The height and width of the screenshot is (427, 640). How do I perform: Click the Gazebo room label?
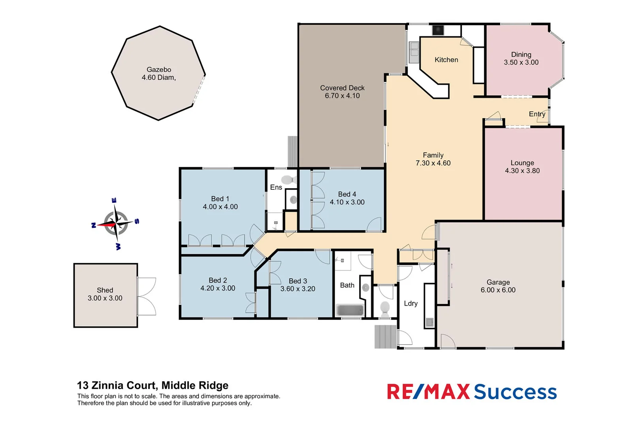click(159, 70)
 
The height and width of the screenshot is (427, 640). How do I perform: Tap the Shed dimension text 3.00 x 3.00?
click(105, 298)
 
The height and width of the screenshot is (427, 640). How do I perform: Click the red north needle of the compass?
click(106, 225)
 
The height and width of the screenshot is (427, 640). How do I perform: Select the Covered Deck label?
click(342, 88)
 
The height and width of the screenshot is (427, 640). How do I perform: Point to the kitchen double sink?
click(414, 51)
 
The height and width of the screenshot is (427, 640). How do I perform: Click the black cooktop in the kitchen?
click(438, 30)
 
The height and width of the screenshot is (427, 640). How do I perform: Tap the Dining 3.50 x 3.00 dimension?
click(521, 62)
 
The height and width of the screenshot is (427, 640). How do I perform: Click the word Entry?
click(537, 114)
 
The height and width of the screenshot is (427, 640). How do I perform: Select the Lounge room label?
click(522, 163)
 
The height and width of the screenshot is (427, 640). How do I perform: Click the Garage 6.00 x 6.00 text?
click(498, 290)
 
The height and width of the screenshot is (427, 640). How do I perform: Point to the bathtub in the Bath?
click(349, 310)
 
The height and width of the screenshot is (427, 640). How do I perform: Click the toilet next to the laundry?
click(384, 308)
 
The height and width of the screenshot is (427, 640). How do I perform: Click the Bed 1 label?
click(220, 199)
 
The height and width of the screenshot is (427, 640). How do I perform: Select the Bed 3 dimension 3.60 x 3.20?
click(297, 289)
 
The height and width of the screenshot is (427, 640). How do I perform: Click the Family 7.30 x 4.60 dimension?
click(433, 163)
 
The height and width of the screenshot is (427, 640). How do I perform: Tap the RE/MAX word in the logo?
click(428, 392)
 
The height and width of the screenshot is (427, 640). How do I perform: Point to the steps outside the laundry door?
click(385, 336)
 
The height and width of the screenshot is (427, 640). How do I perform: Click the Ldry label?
click(410, 303)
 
